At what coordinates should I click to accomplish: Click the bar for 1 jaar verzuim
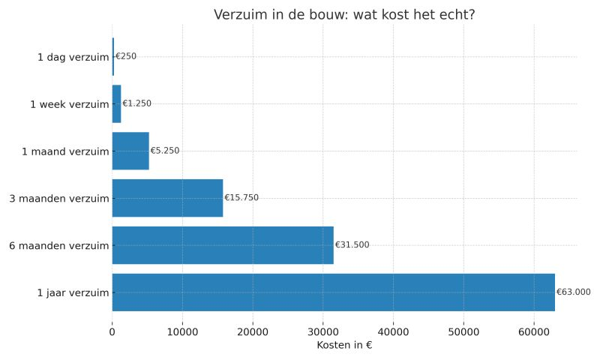coord(333,292)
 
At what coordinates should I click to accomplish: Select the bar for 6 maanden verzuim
coord(223,245)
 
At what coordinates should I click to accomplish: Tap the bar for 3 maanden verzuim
coord(167,198)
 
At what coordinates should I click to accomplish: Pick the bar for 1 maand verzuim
coord(130,151)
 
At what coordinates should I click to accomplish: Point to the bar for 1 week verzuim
coord(116,103)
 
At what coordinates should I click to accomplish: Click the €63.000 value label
coord(573,292)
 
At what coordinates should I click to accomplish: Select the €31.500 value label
coord(352,245)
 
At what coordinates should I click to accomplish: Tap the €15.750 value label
coord(241,198)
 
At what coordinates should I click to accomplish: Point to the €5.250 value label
coord(165,151)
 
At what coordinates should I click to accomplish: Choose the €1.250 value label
coord(136,103)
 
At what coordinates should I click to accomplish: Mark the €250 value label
coord(126,56)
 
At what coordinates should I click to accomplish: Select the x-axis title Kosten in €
coord(344,345)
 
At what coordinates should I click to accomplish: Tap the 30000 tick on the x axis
coord(323,329)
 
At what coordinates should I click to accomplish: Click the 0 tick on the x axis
coord(112,329)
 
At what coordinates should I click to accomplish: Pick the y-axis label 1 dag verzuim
coord(73,57)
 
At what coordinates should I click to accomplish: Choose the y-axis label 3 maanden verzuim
coord(59,199)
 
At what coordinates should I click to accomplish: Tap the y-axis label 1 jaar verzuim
coord(73,293)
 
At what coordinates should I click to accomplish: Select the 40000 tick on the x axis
coord(393,329)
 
